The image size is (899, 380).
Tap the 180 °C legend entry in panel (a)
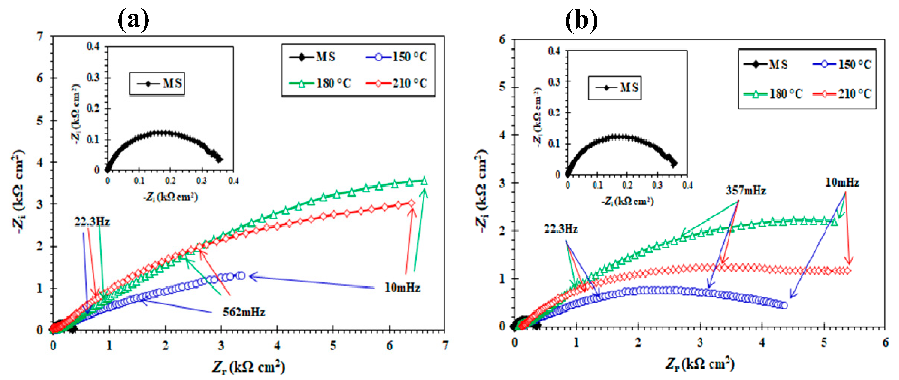pos(320,83)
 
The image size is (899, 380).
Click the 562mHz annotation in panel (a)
pos(243,312)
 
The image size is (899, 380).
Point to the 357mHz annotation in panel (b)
pos(746,191)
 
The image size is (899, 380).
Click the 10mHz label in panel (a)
pos(402,288)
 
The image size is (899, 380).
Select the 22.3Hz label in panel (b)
pos(561,229)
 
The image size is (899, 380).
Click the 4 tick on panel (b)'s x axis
pos(762,343)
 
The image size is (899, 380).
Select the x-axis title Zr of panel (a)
pos(248,367)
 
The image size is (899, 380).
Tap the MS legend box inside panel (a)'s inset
pos(157,84)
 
